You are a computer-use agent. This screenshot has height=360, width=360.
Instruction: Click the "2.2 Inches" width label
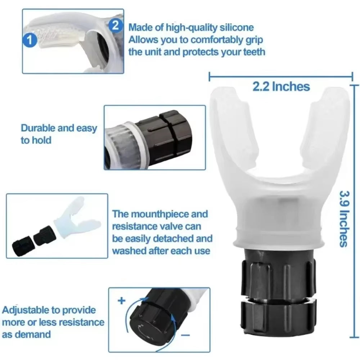pos(281,86)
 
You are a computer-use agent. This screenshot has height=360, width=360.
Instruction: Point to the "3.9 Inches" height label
pos(343,219)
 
